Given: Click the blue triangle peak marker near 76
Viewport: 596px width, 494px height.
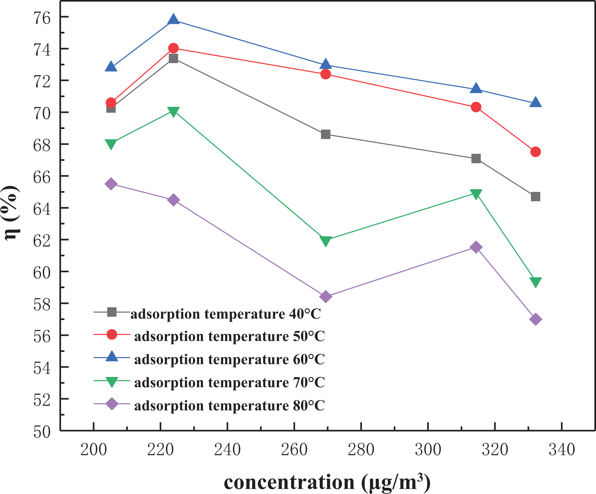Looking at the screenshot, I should (x=173, y=19).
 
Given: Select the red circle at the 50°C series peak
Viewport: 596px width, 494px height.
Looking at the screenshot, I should (x=173, y=48).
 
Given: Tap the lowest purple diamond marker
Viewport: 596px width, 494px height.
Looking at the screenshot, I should (x=536, y=319).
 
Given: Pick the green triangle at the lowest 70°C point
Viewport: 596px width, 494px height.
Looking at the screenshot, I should (x=536, y=282).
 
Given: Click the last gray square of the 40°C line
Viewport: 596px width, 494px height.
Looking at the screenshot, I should (x=536, y=197).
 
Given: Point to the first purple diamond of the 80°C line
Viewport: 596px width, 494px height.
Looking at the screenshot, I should (x=111, y=184).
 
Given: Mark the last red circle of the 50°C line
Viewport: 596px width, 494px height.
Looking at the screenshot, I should (x=536, y=152).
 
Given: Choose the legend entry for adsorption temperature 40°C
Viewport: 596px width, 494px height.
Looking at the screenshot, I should (x=225, y=314).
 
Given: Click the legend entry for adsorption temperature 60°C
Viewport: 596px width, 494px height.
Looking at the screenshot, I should (x=229, y=359).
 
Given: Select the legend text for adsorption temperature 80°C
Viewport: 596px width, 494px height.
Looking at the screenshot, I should (x=229, y=406).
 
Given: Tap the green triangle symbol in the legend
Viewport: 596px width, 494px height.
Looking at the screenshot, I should (x=112, y=382).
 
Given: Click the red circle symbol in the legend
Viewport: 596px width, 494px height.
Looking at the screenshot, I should (x=112, y=334).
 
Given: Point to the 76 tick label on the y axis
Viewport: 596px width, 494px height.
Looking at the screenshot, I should (x=42, y=18).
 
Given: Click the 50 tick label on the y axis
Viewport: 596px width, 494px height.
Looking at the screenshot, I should (x=42, y=432).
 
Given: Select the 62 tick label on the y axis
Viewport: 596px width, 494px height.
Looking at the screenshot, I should (x=42, y=241).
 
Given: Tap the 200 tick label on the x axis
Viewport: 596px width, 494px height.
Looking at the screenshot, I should (x=93, y=450).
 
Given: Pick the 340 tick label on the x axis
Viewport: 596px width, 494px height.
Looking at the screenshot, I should (x=562, y=450).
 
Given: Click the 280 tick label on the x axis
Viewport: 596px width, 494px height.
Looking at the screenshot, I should (x=361, y=450).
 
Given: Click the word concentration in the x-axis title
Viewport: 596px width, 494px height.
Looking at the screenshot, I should (x=289, y=482).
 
